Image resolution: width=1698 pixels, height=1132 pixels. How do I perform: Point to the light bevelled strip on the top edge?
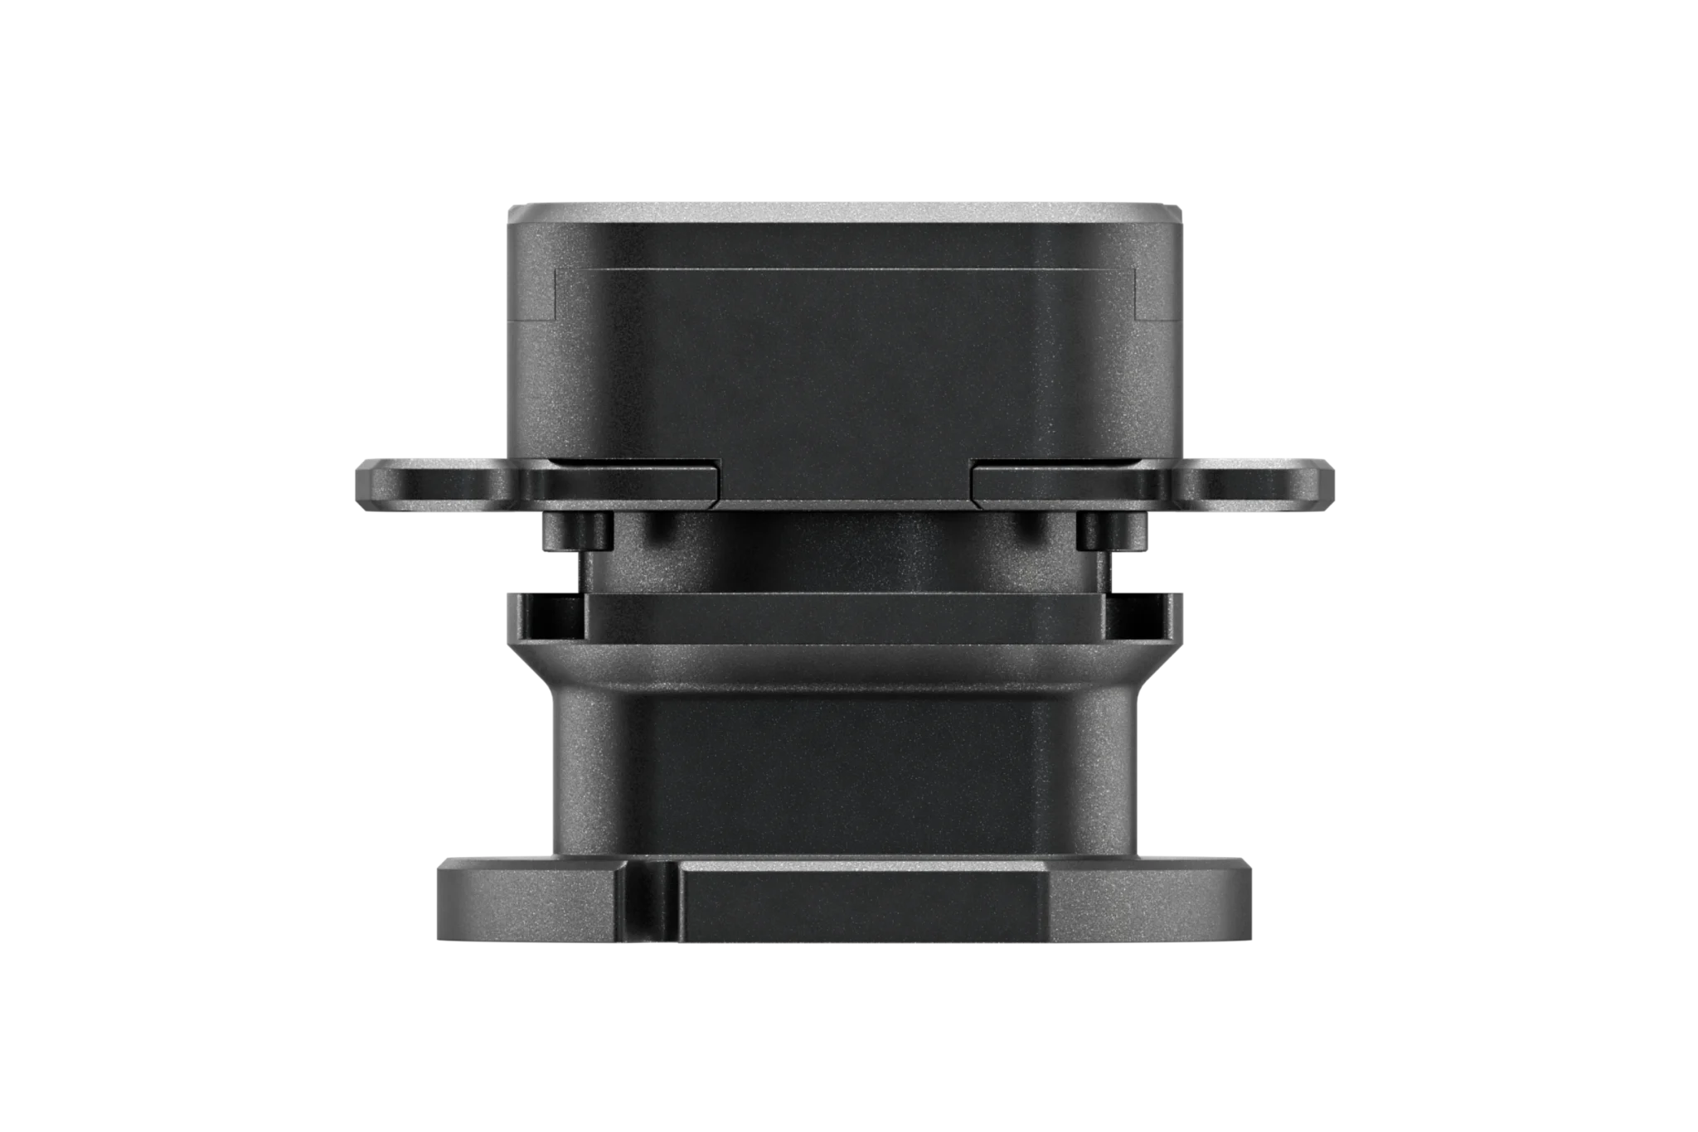point(846,208)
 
